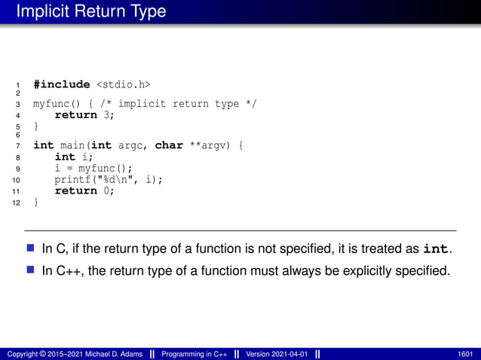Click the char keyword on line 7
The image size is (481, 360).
tap(169, 145)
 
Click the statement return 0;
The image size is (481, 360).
tap(84, 191)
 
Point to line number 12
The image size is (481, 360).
tap(18, 203)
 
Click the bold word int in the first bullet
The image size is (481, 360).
tap(438, 249)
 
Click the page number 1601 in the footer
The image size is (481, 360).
tap(465, 353)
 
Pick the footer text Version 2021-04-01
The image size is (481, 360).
tap(274, 353)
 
